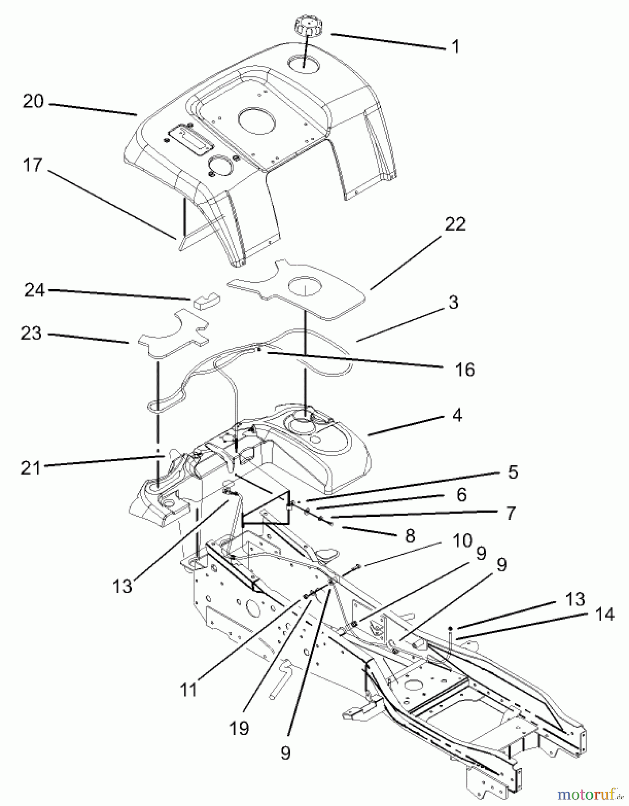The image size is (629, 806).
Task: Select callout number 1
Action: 455,47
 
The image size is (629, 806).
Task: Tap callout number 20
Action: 33,102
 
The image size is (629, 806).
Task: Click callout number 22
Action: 455,224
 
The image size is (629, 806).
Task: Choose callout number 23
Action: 31,334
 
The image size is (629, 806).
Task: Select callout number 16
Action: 465,369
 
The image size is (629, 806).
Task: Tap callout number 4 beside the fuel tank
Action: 457,415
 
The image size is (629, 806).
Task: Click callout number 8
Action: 409,536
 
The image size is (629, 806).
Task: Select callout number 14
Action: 605,614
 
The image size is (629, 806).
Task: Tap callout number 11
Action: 189,690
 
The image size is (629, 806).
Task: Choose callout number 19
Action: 239,729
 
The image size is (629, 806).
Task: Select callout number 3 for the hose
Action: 453,302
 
